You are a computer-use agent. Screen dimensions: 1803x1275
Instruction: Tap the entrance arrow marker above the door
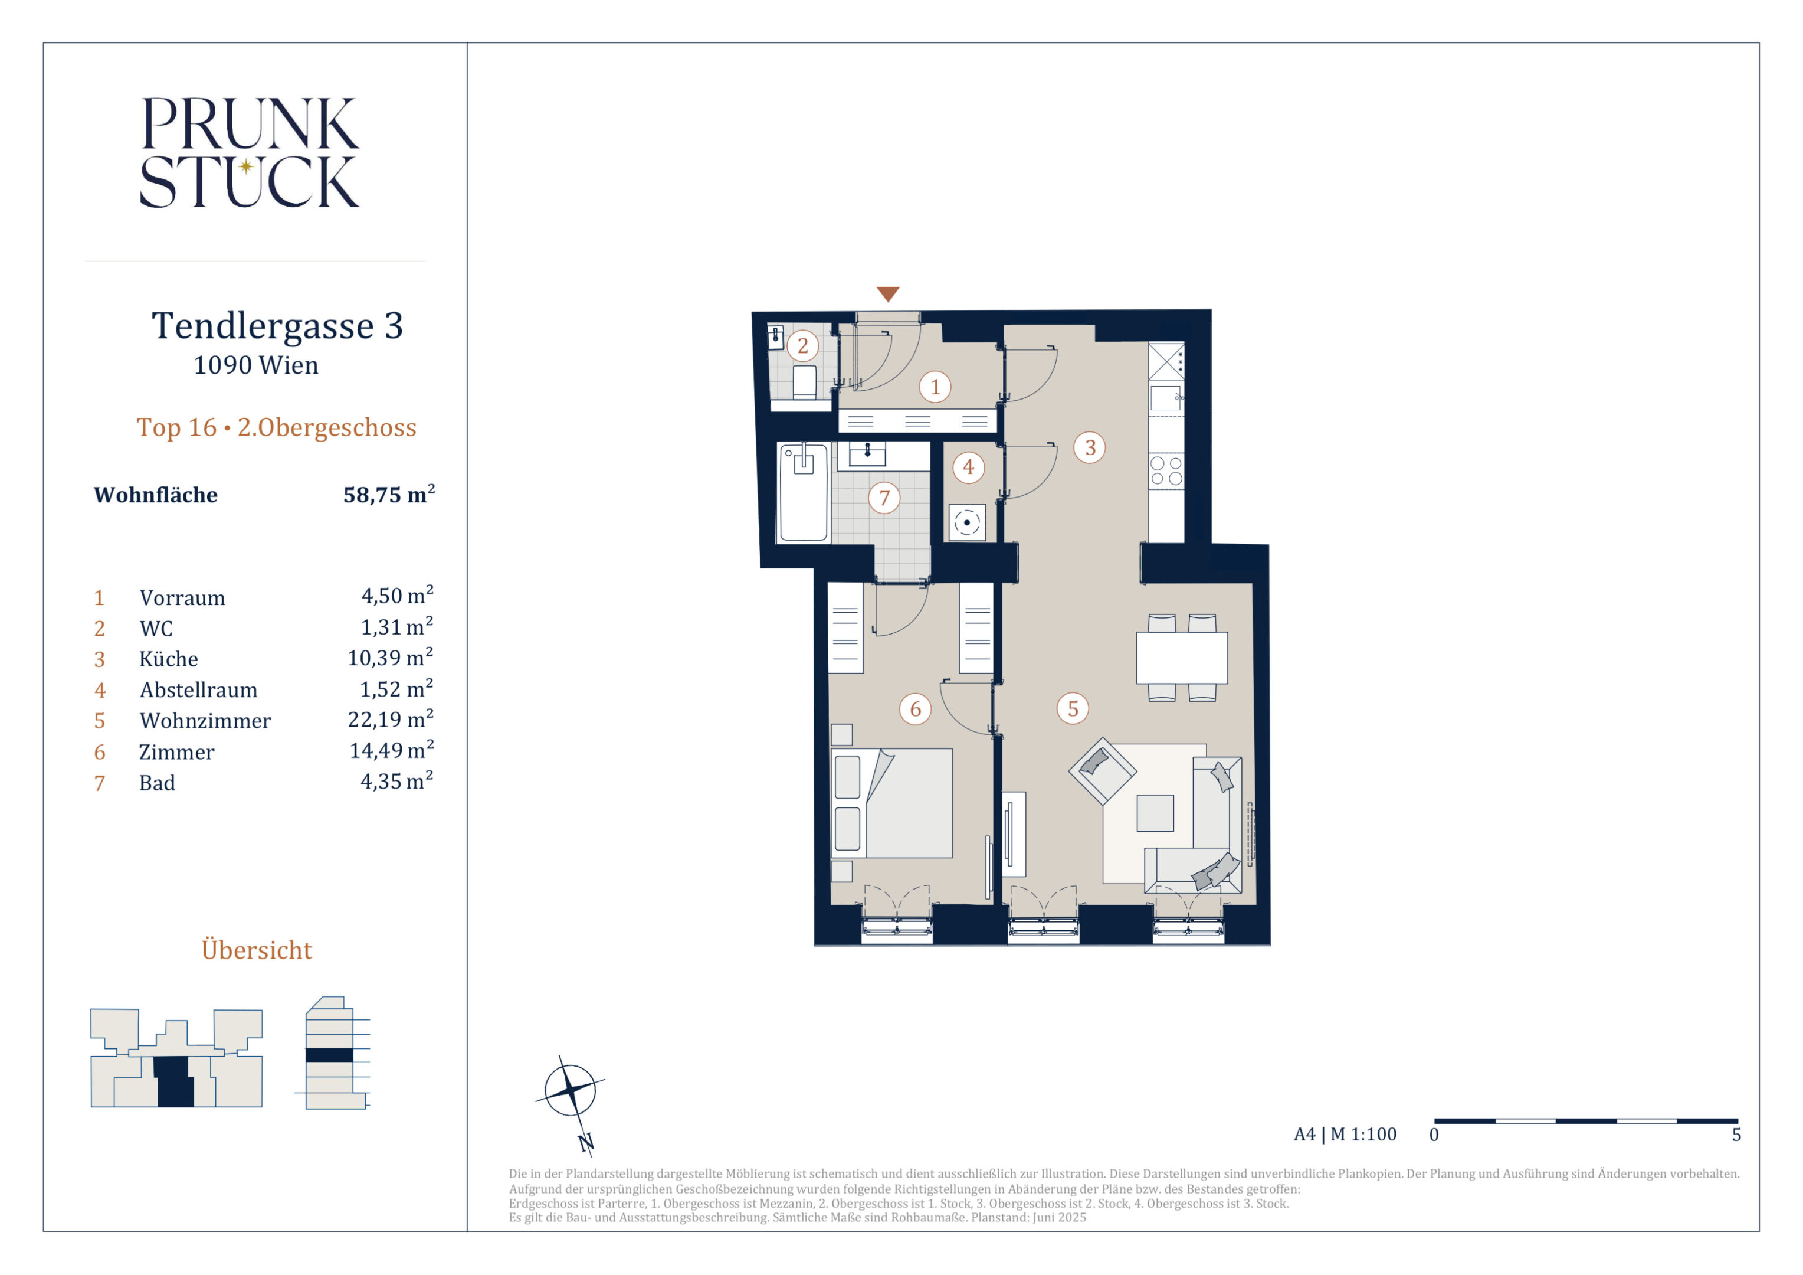pyautogui.click(x=887, y=294)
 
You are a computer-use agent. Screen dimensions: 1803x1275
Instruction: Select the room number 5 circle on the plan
pyautogui.click(x=1073, y=708)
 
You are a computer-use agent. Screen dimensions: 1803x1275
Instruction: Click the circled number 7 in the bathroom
pyautogui.click(x=884, y=497)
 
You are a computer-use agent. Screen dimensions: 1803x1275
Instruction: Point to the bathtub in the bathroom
pyautogui.click(x=804, y=492)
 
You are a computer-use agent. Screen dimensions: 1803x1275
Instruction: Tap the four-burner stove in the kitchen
pyautogui.click(x=1166, y=470)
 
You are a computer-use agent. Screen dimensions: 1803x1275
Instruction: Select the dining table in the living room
pyautogui.click(x=1182, y=658)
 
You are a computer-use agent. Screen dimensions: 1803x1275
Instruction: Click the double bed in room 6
pyautogui.click(x=892, y=803)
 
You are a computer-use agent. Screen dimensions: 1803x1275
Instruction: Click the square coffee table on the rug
pyautogui.click(x=1155, y=813)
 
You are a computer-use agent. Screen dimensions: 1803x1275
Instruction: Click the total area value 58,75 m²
pyautogui.click(x=389, y=493)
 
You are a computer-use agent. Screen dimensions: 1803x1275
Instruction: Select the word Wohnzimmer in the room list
pyautogui.click(x=205, y=720)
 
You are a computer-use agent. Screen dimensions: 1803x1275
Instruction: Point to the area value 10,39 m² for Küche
pyautogui.click(x=391, y=657)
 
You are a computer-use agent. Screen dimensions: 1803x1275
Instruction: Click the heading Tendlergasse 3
pyautogui.click(x=277, y=325)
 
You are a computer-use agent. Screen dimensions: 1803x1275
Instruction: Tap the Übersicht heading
pyautogui.click(x=257, y=950)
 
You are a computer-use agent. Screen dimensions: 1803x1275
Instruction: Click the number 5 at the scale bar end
pyautogui.click(x=1736, y=1135)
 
